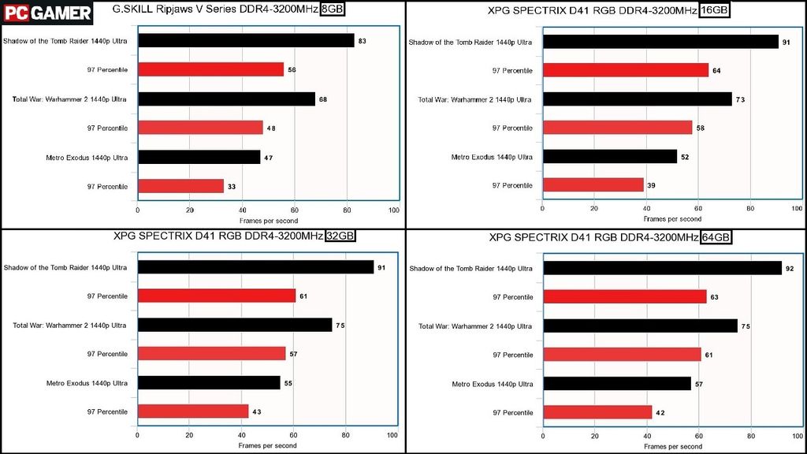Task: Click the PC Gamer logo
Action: click(46, 13)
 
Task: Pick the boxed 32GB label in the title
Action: click(340, 236)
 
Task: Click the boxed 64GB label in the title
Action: click(716, 237)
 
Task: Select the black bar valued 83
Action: click(246, 40)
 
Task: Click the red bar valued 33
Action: click(180, 187)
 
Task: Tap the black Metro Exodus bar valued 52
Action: click(609, 157)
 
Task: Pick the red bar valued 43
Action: click(193, 411)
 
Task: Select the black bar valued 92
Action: click(662, 269)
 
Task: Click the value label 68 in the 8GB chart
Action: click(324, 99)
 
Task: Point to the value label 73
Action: click(740, 99)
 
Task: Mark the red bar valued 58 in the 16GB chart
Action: click(617, 128)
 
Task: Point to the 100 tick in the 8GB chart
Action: click(394, 210)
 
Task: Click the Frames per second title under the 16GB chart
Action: click(672, 219)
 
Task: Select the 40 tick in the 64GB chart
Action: click(646, 435)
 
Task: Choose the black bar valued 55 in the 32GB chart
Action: click(209, 382)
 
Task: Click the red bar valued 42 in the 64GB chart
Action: click(597, 412)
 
